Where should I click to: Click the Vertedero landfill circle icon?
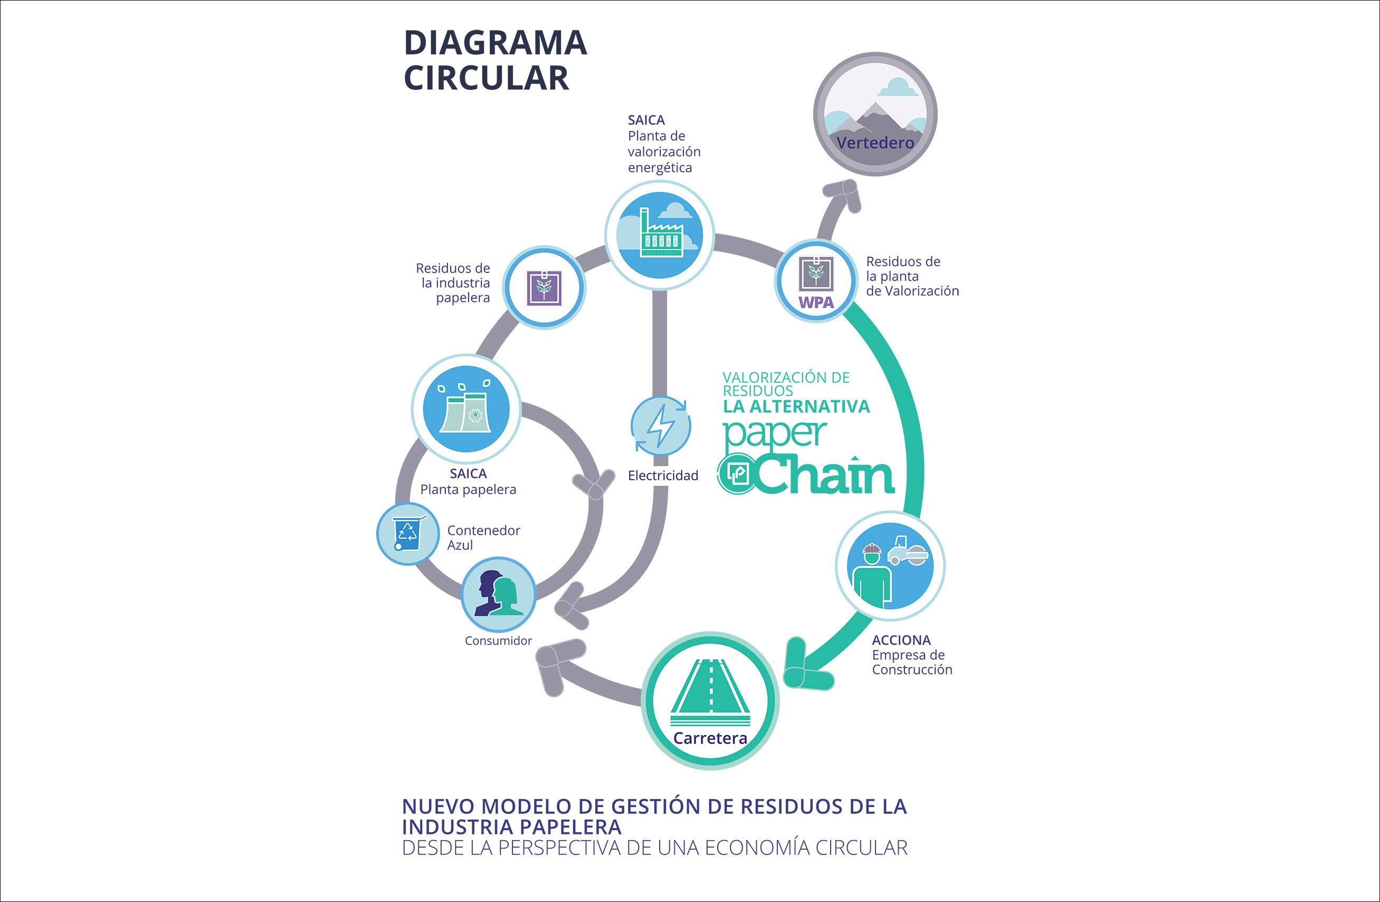[x=875, y=114]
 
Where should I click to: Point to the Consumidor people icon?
[x=498, y=594]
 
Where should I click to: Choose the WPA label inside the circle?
[x=816, y=302]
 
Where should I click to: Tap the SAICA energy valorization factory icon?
[x=660, y=235]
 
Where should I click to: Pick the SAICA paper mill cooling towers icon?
[x=466, y=409]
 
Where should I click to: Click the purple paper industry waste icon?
[x=544, y=288]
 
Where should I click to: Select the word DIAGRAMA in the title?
[x=495, y=43]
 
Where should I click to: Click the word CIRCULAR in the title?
[x=486, y=78]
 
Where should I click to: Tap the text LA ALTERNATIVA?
[x=796, y=407]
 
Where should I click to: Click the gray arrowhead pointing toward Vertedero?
[x=844, y=194]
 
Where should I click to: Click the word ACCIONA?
[x=901, y=640]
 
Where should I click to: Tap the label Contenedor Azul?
[x=483, y=538]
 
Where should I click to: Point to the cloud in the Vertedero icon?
[x=897, y=88]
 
